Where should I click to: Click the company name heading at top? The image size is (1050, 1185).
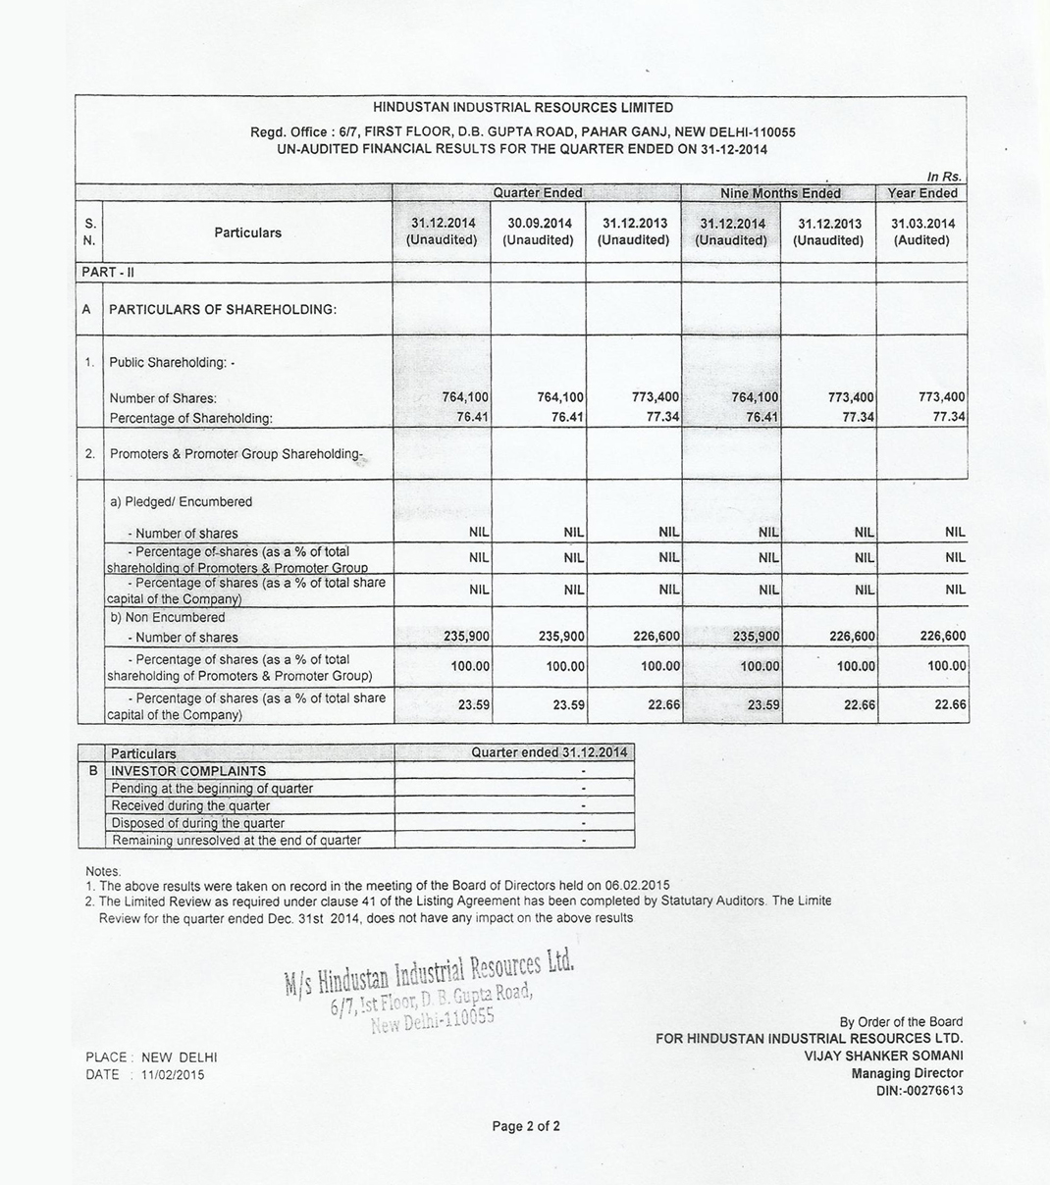(x=523, y=108)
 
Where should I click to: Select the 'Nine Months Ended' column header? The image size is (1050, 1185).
(x=780, y=193)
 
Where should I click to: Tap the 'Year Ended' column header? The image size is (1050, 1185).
(x=921, y=193)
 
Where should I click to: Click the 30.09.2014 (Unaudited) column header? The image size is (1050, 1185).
(x=538, y=232)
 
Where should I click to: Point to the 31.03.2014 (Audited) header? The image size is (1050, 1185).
(x=921, y=232)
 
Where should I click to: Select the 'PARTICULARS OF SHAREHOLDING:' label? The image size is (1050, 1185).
(x=223, y=309)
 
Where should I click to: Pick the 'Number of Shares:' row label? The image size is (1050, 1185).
(x=163, y=398)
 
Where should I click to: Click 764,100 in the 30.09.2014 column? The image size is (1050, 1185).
(x=560, y=397)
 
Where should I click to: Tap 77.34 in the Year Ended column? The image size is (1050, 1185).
(x=948, y=417)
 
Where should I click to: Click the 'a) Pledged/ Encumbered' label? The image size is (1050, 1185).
(x=181, y=501)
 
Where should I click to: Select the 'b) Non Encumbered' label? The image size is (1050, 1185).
(x=167, y=617)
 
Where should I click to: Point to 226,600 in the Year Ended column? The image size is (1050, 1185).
(x=942, y=636)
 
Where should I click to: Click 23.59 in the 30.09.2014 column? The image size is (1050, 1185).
(x=568, y=704)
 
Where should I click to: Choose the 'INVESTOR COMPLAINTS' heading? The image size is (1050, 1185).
(x=187, y=771)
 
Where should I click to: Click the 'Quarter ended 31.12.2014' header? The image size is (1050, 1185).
(x=548, y=752)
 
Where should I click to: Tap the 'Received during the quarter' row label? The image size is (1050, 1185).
(x=190, y=805)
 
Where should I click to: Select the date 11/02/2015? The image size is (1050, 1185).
(x=173, y=1074)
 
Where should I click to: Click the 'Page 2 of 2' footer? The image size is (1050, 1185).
(x=526, y=1126)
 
